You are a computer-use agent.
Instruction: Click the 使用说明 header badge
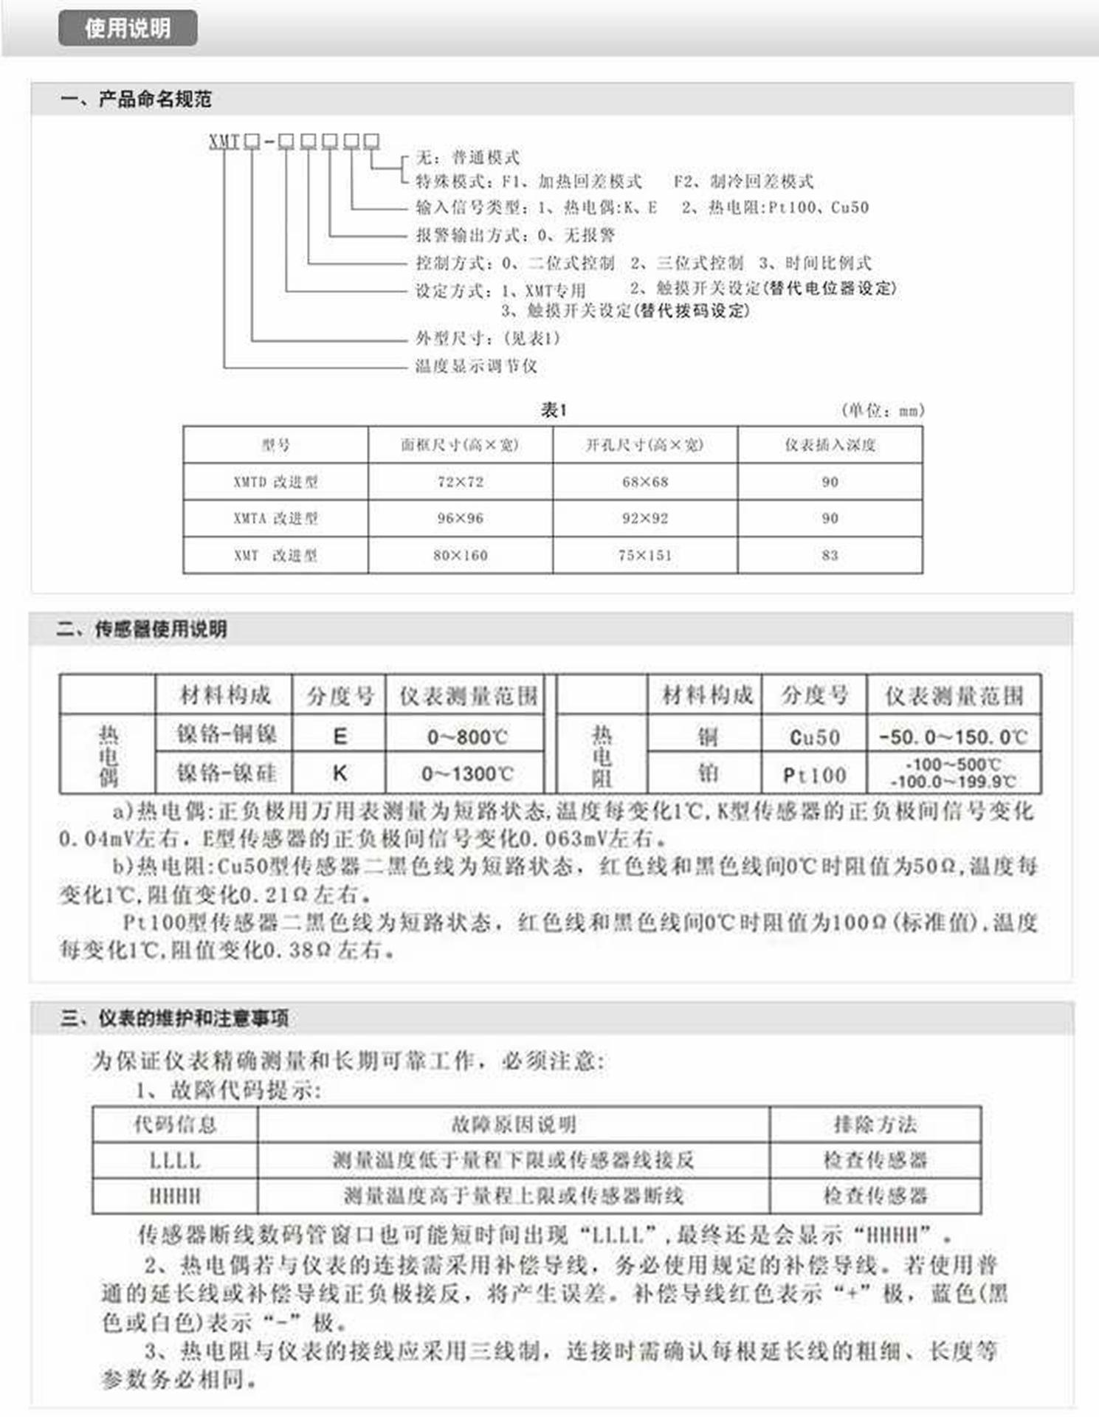click(128, 29)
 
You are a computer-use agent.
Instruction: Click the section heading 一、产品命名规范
click(137, 99)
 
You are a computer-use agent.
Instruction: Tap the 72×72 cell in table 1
click(460, 482)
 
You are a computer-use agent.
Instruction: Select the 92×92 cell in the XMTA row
click(644, 519)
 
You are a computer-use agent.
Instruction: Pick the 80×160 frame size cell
click(460, 555)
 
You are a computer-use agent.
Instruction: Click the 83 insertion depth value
click(830, 555)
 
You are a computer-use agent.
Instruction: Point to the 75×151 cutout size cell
click(644, 555)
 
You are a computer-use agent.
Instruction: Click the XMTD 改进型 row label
click(275, 482)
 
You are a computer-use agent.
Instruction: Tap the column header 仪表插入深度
click(830, 445)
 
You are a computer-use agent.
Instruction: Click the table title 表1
click(554, 410)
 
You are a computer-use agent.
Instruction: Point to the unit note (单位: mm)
click(883, 410)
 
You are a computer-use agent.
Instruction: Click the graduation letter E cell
click(340, 736)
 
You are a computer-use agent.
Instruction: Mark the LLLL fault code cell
click(175, 1160)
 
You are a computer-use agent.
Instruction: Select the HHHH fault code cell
click(175, 1196)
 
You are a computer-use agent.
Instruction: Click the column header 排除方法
click(875, 1125)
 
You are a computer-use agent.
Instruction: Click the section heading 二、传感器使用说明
click(142, 630)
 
